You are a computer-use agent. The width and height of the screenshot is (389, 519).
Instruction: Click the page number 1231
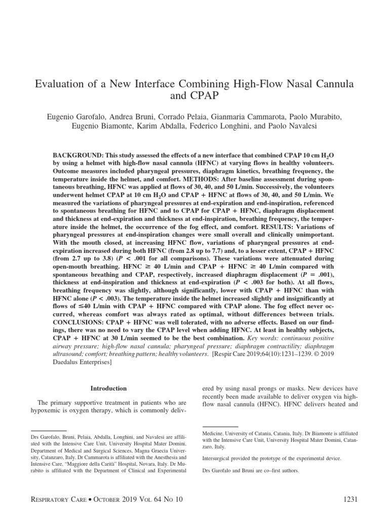350,500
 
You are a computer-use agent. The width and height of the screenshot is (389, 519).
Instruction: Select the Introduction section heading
108,388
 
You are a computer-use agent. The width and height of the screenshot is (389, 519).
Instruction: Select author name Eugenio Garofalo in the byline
75,118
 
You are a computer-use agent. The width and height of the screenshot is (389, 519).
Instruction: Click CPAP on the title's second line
194,94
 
